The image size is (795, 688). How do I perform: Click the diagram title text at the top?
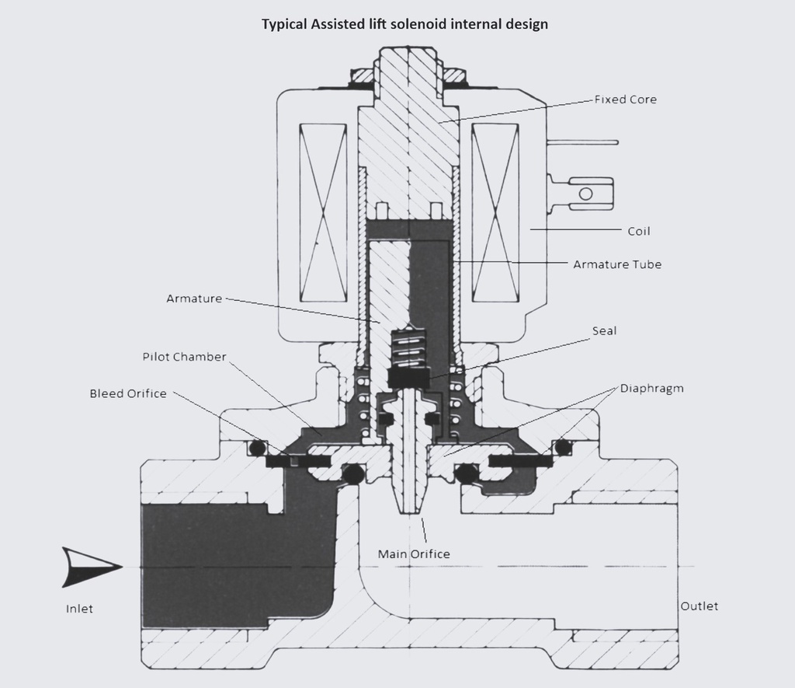pos(404,24)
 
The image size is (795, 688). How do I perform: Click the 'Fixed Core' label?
pos(625,100)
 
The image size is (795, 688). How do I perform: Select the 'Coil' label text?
pos(638,231)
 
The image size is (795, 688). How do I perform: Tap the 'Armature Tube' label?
pos(617,264)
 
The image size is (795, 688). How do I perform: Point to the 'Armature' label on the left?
pos(194,298)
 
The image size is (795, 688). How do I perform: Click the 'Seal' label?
pos(604,330)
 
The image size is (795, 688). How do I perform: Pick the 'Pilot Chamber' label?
pos(184,357)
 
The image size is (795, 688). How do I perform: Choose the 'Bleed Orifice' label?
pos(128,393)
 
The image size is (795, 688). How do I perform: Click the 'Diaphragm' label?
pos(651,388)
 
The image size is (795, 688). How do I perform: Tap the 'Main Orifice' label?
pos(413,554)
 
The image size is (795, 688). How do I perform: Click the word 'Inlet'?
pos(79,609)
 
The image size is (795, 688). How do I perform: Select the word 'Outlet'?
pos(699,606)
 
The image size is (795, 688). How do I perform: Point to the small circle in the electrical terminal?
pos(585,193)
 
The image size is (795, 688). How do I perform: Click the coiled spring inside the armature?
pos(408,348)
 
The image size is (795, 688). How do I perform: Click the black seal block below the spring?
pos(408,377)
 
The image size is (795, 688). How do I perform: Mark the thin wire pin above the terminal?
pos(582,142)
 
